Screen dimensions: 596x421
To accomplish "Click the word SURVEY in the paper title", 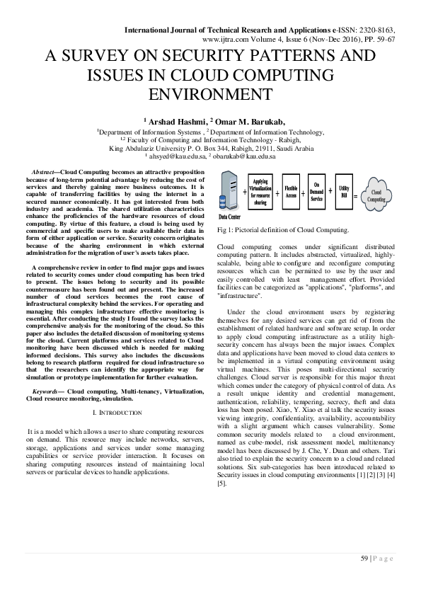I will point(126,57).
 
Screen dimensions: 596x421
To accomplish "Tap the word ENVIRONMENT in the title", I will point(210,94).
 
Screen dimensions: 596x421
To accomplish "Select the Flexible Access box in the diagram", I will point(292,192).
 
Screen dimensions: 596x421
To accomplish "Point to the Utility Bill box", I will point(345,191).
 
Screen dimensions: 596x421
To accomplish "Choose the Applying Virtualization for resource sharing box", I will point(260,192).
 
